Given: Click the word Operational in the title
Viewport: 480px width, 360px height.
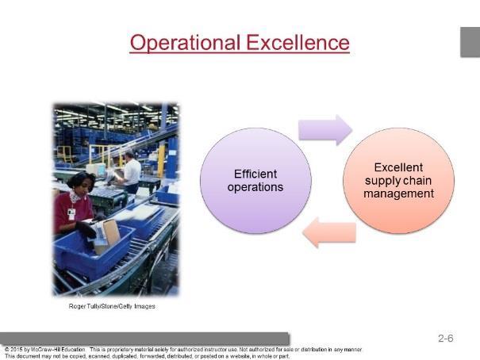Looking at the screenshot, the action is point(185,43).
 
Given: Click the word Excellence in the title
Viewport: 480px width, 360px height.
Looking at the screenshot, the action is point(298,42).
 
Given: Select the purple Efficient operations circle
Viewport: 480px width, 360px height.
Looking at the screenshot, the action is point(255,181).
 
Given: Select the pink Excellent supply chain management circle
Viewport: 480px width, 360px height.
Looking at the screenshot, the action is point(398,181).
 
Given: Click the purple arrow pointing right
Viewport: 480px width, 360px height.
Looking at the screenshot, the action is point(325,130).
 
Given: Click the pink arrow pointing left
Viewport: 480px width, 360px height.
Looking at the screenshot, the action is point(329,232).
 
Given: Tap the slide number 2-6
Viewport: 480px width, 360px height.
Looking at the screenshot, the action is point(445,339).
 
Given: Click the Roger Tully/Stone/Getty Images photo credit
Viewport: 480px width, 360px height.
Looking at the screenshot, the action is point(112,306).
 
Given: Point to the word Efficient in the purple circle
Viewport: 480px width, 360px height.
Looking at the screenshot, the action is point(255,174).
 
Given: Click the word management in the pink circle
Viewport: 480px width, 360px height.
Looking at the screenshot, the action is point(398,193).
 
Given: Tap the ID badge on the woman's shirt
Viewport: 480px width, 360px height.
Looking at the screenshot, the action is point(71,214).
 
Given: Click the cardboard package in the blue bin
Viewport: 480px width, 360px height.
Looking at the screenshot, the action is point(107,235).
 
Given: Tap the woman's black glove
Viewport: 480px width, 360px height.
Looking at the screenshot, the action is point(86,229).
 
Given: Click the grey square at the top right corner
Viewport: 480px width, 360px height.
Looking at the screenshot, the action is point(470,42).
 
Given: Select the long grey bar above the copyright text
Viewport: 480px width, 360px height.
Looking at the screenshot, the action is point(144,339).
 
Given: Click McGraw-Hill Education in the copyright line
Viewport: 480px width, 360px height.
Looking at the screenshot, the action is point(58,349).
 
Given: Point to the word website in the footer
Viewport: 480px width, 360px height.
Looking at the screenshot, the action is point(240,356).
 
